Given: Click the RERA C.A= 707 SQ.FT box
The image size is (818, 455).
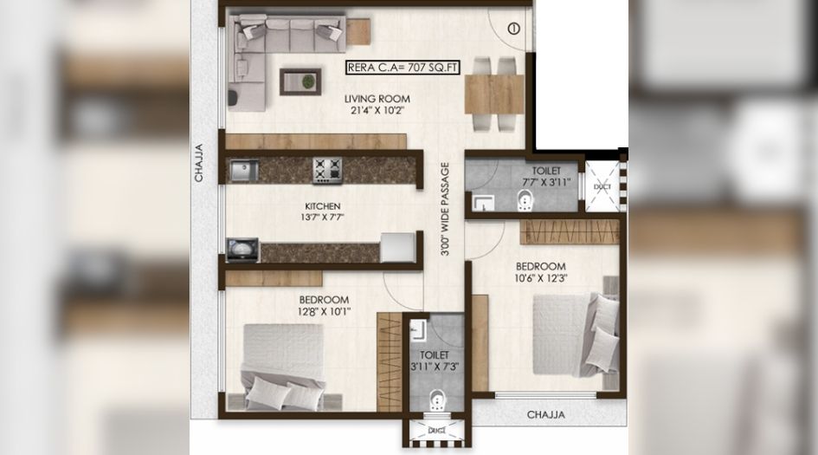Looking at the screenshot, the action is pos(403,68).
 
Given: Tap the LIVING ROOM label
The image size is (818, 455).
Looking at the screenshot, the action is pos(377,99).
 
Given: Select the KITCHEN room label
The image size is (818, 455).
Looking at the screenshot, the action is pos(323,206).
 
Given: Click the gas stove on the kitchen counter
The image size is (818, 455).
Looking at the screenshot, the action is pos(327,170).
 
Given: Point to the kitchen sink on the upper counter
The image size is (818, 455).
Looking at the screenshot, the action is pos(243,170).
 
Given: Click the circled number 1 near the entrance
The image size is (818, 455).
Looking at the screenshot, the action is pos(514,29).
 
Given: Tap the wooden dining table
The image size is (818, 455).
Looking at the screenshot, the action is pos(494,94).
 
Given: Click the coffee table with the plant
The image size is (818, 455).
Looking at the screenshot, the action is pos(300,81).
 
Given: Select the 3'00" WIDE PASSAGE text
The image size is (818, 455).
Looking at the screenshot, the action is pos(445,209).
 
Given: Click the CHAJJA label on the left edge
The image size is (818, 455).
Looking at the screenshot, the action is pos(199,163).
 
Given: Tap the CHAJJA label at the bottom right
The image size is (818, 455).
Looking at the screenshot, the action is pos(545,415).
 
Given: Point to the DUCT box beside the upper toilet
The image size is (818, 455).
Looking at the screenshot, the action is pos(602,186).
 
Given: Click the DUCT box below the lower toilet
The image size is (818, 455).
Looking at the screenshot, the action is pos(436,431).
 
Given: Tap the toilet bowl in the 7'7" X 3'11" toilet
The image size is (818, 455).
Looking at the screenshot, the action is pos(525,201).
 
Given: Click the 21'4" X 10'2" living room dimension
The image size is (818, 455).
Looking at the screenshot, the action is pos(377,110).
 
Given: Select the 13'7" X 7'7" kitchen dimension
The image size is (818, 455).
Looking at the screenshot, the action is pos(322,218).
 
